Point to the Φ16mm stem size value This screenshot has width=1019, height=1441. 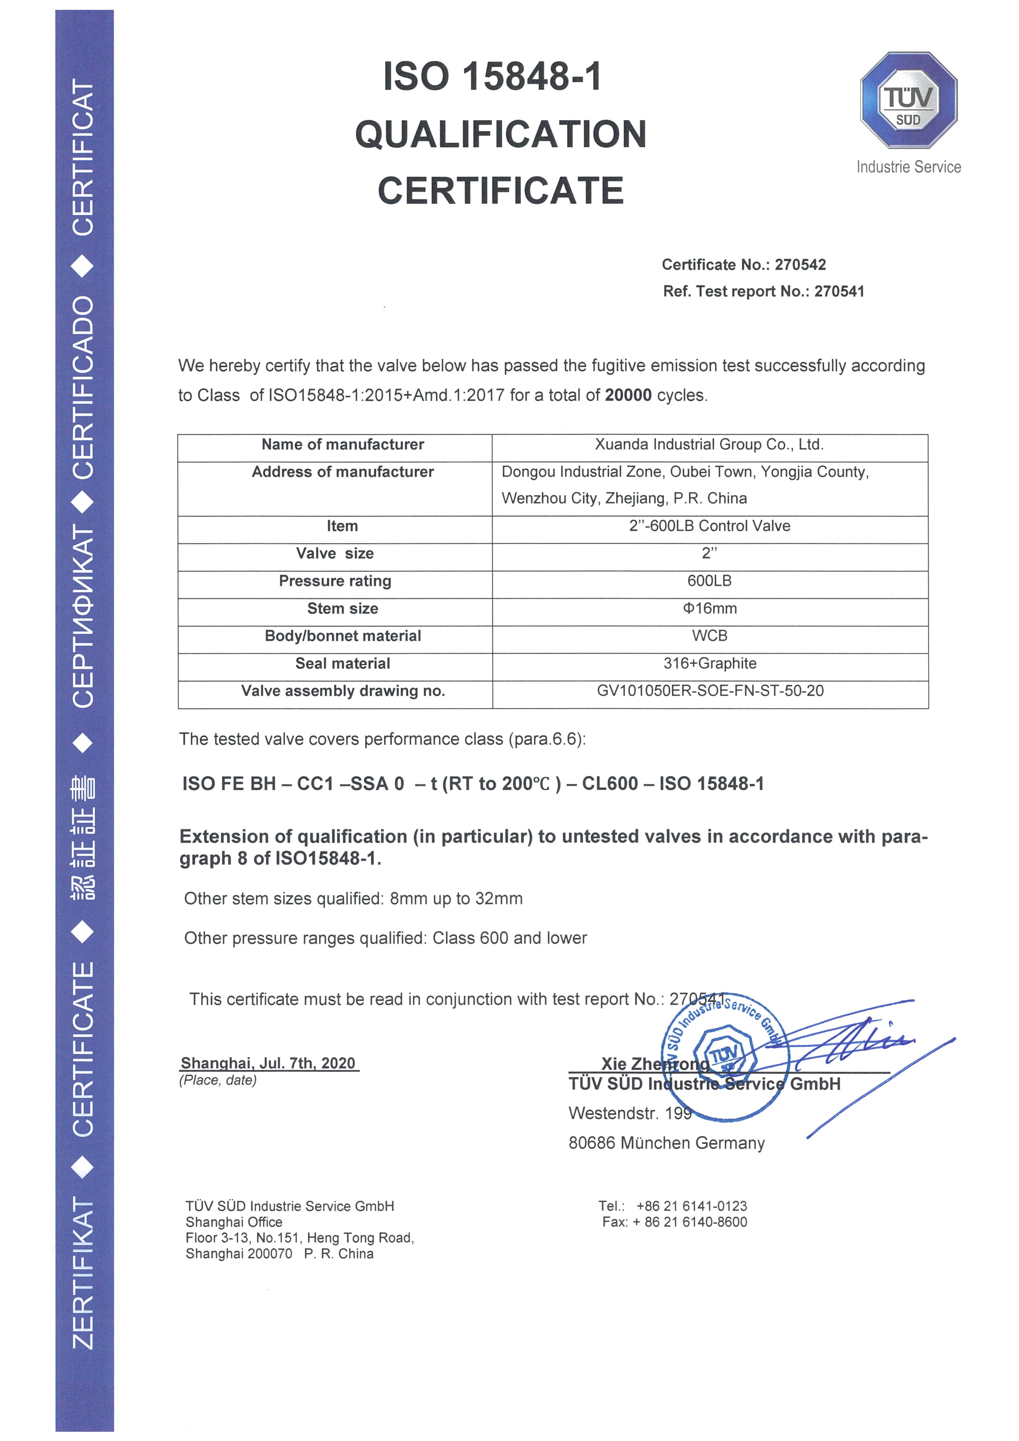(x=710, y=608)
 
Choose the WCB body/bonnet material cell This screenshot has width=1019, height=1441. (x=710, y=636)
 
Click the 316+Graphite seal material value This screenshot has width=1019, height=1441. (x=710, y=664)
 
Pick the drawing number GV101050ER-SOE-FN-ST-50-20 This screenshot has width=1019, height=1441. (x=710, y=691)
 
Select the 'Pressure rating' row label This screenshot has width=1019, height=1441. (x=335, y=581)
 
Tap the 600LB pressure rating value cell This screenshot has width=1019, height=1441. (x=710, y=581)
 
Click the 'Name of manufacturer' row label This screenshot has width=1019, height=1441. (x=343, y=445)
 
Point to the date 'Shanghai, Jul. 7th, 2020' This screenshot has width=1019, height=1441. (x=268, y=1063)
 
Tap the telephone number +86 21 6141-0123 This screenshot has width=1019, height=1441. (x=691, y=1206)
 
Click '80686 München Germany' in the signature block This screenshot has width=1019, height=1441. (x=667, y=1143)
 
